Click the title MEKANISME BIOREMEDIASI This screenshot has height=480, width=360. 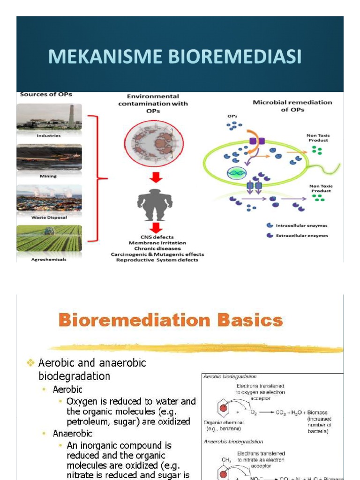pos(174,57)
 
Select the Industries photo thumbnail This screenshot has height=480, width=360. pos(49,117)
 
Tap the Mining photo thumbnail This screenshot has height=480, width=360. pos(49,157)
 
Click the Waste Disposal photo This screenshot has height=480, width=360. pos(49,198)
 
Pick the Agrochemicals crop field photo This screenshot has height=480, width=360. pos(49,238)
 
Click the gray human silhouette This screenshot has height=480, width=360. pos(155,202)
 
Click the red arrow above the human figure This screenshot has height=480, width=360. pos(155,177)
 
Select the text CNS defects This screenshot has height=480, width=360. pos(157,237)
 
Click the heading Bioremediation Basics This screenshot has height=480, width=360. pos(171,321)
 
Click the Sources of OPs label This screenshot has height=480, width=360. pos(46,94)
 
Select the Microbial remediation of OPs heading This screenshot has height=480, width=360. pos(292,105)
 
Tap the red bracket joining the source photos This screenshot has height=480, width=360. pos(99,178)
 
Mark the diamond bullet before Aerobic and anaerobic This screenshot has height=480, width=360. pos(31,363)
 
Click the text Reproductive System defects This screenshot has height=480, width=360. pos(157,260)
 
